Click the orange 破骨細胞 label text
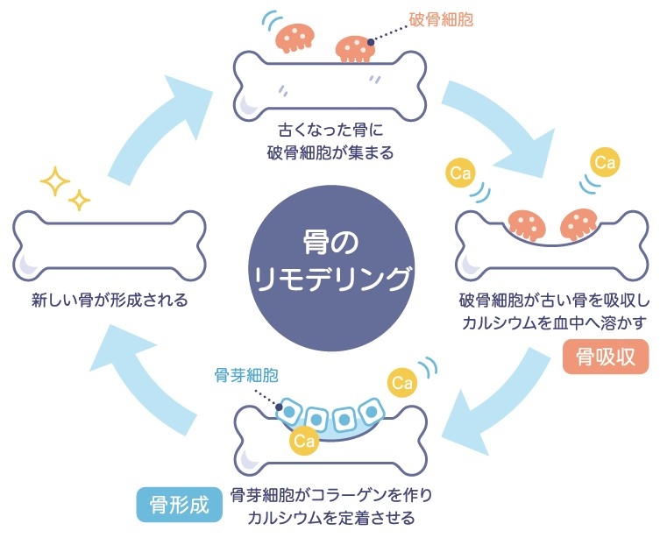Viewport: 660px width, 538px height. point(441,18)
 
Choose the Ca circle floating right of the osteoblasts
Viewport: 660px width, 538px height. point(402,383)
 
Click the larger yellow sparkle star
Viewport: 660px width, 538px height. point(55,182)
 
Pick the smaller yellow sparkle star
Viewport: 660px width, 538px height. point(81,200)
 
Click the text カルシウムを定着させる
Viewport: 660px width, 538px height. point(331,515)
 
